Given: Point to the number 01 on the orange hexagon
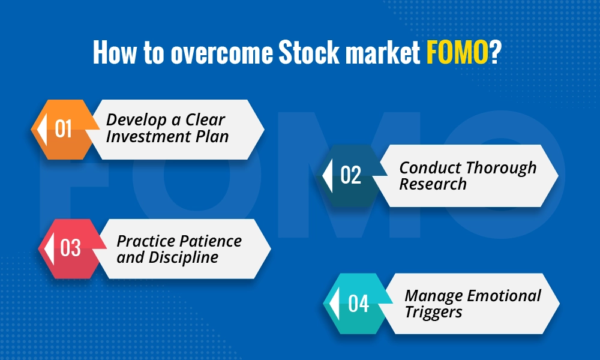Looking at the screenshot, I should (x=63, y=129).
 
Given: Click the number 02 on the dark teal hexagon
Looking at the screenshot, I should (x=351, y=175).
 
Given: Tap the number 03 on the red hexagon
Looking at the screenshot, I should (x=70, y=248).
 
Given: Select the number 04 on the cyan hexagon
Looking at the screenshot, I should (x=358, y=304).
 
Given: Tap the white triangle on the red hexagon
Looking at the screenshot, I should (x=50, y=248).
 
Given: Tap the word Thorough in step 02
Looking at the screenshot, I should (x=502, y=168).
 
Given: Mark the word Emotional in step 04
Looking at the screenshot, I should (x=505, y=296).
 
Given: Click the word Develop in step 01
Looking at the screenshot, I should (x=135, y=120).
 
